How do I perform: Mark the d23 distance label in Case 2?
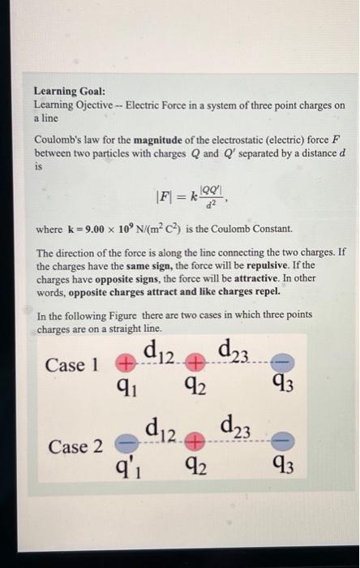tap(237, 428)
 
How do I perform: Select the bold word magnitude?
tap(150, 143)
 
